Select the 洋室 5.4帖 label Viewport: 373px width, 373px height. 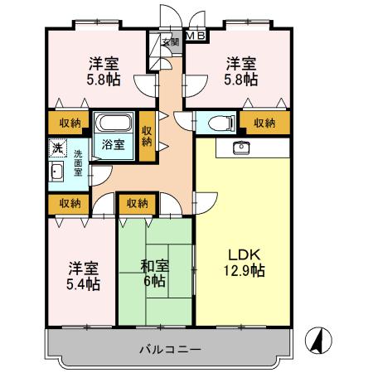pyautogui.click(x=84, y=276)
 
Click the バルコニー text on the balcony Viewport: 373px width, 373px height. pyautogui.click(x=169, y=349)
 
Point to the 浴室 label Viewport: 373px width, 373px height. pyautogui.click(x=114, y=144)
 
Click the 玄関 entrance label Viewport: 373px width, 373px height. pyautogui.click(x=170, y=42)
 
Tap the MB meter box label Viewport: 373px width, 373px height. pyautogui.click(x=196, y=36)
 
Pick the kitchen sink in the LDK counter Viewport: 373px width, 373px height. pyautogui.click(x=242, y=148)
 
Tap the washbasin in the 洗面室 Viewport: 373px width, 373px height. pyautogui.click(x=56, y=172)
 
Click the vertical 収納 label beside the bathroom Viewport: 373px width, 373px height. pyautogui.click(x=147, y=135)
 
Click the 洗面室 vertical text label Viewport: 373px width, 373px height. pyautogui.click(x=77, y=164)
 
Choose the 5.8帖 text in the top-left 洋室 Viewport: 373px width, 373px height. pyautogui.click(x=107, y=80)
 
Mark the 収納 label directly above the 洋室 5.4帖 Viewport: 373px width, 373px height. pyautogui.click(x=70, y=202)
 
